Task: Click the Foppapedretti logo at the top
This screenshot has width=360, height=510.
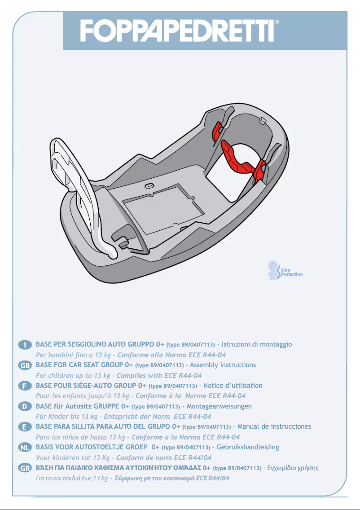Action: click(x=177, y=31)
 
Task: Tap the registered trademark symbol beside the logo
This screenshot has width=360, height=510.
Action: click(x=277, y=22)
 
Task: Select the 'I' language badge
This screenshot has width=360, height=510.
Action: click(x=25, y=344)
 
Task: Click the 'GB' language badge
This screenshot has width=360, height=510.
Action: click(x=25, y=365)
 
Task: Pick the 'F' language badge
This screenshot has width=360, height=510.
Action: click(x=25, y=386)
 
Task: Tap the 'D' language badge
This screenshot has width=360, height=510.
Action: click(x=25, y=406)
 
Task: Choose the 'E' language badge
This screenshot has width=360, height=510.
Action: click(x=25, y=427)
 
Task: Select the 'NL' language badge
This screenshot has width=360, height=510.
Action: click(x=25, y=448)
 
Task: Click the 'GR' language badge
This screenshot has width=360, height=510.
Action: click(x=25, y=468)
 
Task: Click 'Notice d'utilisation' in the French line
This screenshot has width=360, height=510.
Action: click(x=233, y=386)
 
